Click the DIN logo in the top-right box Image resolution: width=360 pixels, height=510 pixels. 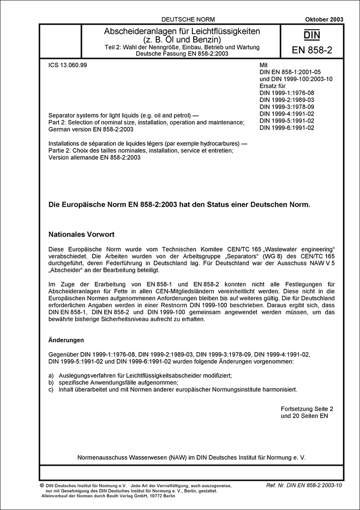(x=312, y=35)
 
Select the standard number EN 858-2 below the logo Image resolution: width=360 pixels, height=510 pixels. (x=312, y=51)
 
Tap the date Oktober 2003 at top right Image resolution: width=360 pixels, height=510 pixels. (x=324, y=19)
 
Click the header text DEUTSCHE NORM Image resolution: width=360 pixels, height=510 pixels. (x=188, y=19)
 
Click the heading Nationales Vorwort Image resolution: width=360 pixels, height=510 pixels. (x=81, y=234)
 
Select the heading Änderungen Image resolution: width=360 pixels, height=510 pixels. (x=66, y=340)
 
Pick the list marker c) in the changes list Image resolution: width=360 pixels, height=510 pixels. (x=51, y=389)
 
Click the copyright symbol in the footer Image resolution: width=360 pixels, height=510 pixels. (x=42, y=485)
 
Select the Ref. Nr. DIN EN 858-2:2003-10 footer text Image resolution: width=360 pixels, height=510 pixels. (x=304, y=485)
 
